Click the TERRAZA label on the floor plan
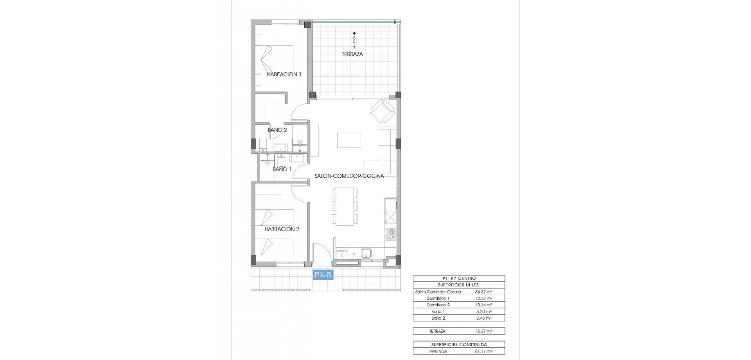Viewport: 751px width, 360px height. click(x=352, y=54)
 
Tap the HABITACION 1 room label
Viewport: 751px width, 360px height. click(x=284, y=74)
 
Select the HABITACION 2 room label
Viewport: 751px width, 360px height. click(x=282, y=229)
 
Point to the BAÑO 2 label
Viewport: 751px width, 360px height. click(x=277, y=130)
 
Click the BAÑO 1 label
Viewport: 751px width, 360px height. click(x=282, y=169)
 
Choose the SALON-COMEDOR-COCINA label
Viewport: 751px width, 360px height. click(x=349, y=176)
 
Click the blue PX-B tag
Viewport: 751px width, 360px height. click(x=323, y=275)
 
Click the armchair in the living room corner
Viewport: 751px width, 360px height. click(x=382, y=111)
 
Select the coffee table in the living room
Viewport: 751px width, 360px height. click(x=349, y=140)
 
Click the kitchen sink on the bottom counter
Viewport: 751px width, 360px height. click(x=367, y=254)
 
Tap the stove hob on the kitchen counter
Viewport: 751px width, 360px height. click(x=390, y=234)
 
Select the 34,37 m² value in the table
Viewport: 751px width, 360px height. click(x=484, y=292)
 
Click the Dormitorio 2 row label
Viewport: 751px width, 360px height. click(x=438, y=305)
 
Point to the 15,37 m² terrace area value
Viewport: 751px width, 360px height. click(x=484, y=331)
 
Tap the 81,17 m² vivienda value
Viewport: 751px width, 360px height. click(x=484, y=351)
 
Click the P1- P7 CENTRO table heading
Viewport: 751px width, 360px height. click(x=458, y=279)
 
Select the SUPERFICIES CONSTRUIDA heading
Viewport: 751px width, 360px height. click(x=458, y=345)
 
